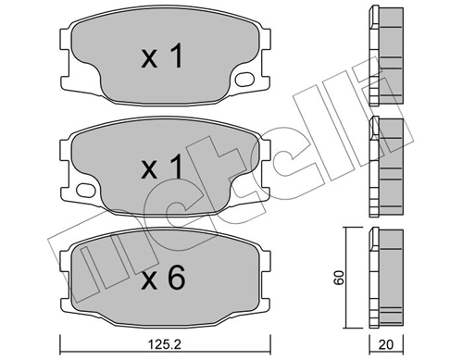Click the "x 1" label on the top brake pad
(163, 58)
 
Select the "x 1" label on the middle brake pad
(163, 168)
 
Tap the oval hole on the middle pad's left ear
(84, 192)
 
